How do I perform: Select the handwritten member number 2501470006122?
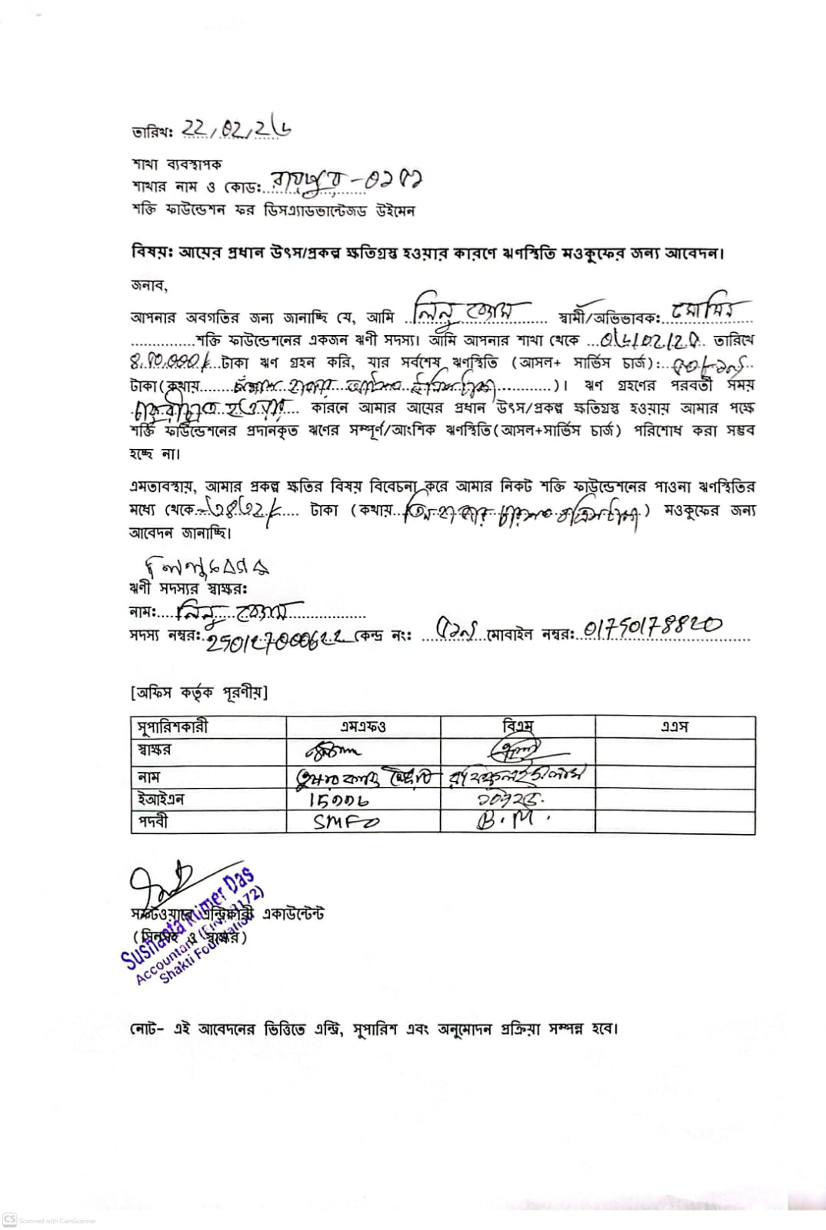(280, 638)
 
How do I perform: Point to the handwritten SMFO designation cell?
(346, 822)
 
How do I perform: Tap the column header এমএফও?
(363, 726)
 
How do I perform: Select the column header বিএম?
(518, 726)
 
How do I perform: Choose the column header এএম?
(674, 726)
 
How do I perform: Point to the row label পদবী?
(153, 822)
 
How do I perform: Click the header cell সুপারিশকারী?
(173, 726)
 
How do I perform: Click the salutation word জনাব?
(148, 285)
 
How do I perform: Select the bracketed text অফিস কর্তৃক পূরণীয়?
(199, 693)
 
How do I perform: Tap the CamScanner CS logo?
(10, 1219)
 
